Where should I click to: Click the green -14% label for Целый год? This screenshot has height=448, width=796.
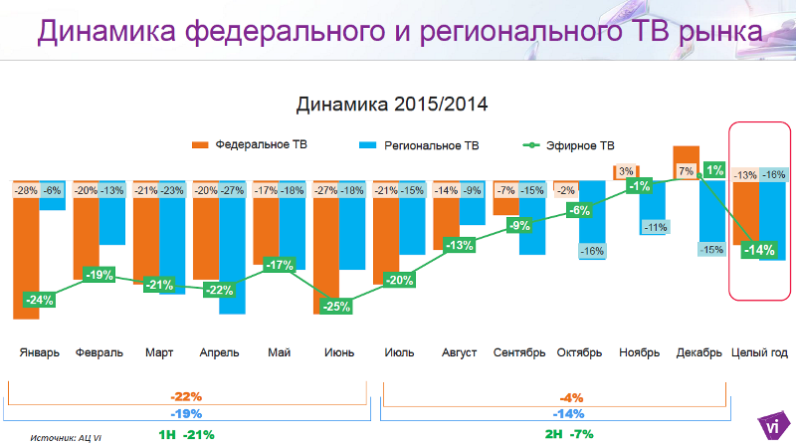[x=759, y=250]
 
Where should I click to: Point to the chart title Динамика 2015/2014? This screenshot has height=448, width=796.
[x=392, y=104]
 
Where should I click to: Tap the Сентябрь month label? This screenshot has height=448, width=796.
[x=519, y=352]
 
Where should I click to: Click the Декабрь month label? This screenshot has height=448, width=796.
[x=698, y=352]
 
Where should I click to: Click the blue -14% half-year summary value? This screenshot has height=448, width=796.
[x=570, y=413]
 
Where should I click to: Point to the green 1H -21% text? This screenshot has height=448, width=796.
[x=186, y=434]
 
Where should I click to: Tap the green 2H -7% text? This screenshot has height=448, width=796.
[x=568, y=434]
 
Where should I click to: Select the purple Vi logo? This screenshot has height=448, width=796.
[x=773, y=425]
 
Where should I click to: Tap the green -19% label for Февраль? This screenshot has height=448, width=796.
[x=99, y=274]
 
